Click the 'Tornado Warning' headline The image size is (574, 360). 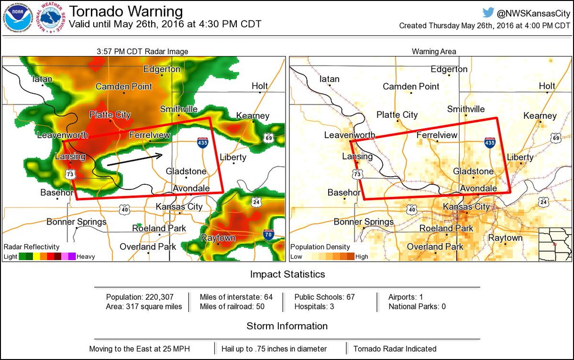click(x=126, y=11)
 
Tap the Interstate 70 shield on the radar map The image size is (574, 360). click(x=269, y=235)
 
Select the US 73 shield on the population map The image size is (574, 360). click(x=357, y=175)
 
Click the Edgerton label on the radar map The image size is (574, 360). click(x=162, y=69)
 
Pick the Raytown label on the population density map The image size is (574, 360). click(x=505, y=238)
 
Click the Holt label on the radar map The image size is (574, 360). click(x=260, y=86)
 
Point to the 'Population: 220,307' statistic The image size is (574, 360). click(x=137, y=297)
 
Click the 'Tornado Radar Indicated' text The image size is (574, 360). click(x=395, y=349)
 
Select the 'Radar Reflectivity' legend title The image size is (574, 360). click(x=32, y=247)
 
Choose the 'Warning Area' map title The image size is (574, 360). click(x=434, y=51)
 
